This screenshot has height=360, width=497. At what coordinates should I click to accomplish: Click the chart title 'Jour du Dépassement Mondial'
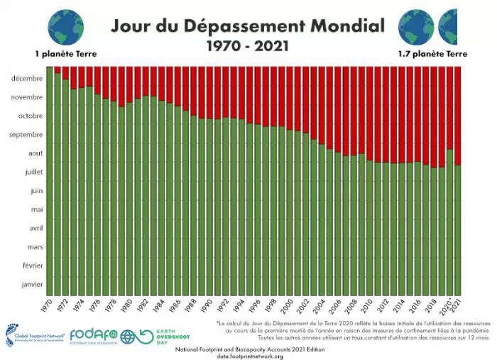[247, 26]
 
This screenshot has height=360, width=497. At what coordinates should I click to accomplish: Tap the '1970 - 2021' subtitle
[248, 48]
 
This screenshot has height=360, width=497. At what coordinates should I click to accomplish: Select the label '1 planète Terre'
[65, 54]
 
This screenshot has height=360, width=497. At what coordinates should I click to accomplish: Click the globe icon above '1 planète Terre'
[65, 26]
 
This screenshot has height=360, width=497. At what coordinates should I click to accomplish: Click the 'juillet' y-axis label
[31, 172]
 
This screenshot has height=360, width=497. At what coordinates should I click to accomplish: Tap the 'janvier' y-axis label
[31, 284]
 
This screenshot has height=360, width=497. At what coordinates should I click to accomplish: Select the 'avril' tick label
[33, 228]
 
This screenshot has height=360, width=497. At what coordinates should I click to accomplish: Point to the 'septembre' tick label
[26, 134]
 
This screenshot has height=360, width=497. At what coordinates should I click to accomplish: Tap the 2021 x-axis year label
[458, 307]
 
